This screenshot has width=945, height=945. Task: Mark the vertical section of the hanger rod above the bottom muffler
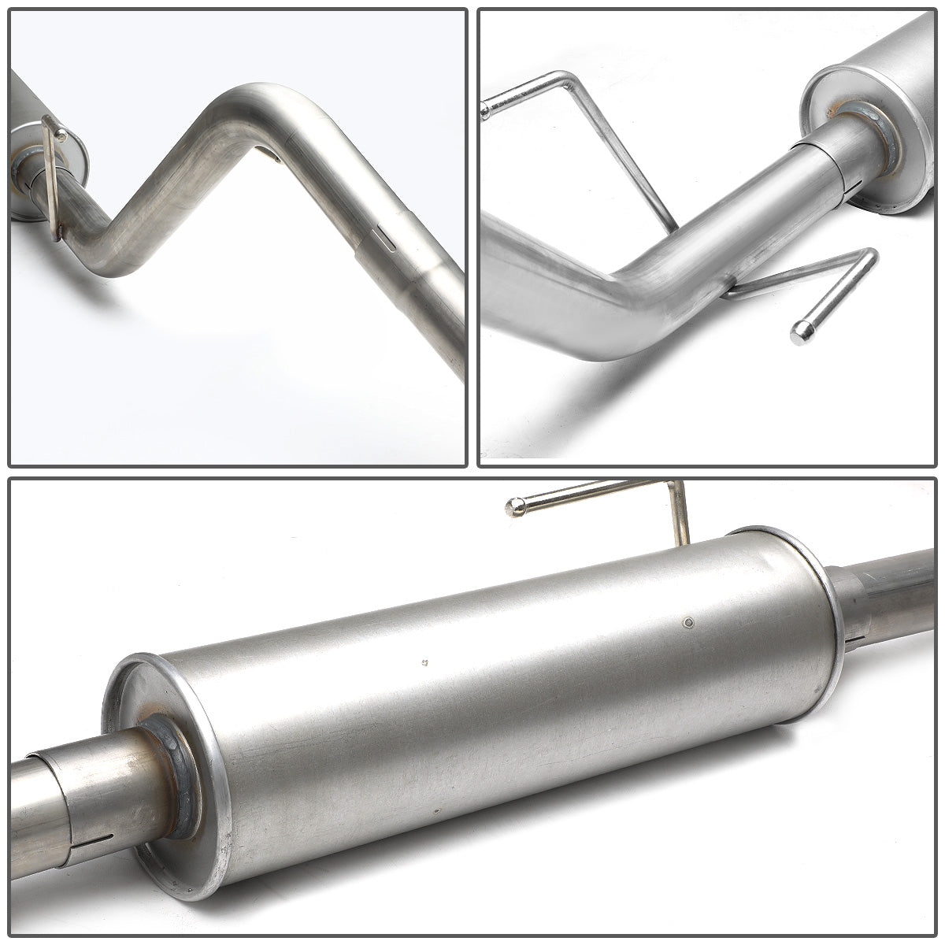click(678, 512)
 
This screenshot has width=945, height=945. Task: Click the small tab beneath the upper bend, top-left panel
click(270, 156)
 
